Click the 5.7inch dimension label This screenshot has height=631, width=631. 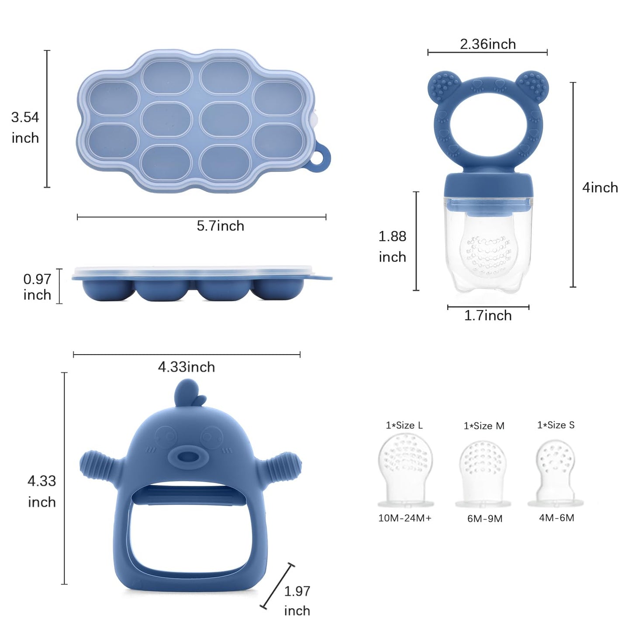tap(220, 226)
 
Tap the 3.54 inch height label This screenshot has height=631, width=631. tap(25, 128)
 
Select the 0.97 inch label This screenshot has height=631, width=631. tap(37, 287)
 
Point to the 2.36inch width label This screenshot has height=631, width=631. tap(488, 44)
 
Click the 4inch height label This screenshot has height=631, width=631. tap(600, 187)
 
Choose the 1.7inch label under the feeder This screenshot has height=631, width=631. tap(488, 315)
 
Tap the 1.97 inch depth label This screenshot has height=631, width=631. tap(297, 600)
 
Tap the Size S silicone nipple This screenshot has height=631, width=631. tap(555, 472)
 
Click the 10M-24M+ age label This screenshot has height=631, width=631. tap(405, 518)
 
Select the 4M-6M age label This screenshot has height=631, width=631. tap(556, 518)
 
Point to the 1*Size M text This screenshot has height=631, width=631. tap(484, 426)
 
